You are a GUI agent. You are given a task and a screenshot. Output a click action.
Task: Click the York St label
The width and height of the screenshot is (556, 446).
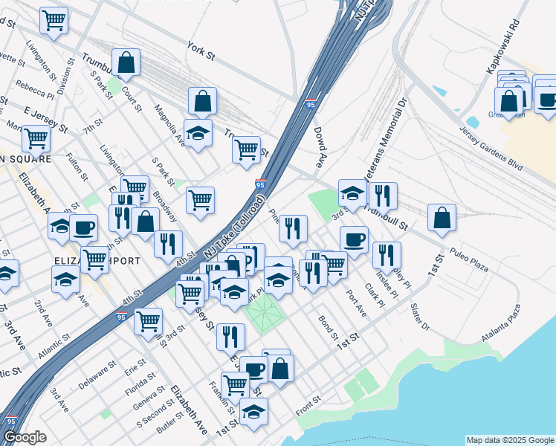coord(201,50)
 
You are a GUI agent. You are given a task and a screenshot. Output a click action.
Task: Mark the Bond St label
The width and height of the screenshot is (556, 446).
coord(328,326)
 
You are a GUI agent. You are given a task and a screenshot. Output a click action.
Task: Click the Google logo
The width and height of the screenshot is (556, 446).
coord(25,437)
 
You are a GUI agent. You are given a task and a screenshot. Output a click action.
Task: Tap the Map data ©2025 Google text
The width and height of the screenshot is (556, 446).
coord(509,440)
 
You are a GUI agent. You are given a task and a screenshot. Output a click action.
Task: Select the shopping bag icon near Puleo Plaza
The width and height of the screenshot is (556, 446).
coord(442,218)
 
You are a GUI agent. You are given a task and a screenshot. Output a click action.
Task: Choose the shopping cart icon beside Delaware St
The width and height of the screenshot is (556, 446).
coord(149,321)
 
